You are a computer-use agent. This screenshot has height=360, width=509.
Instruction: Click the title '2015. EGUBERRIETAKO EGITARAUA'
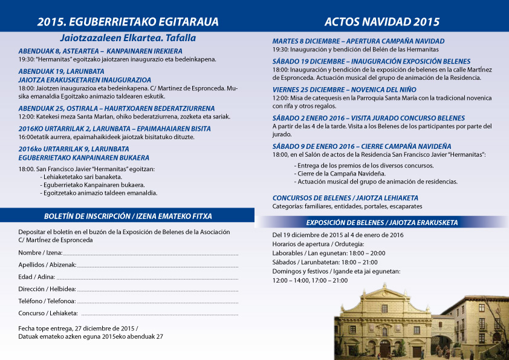[x=128, y=22]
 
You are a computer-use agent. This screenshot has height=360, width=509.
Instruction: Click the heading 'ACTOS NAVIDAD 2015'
[x=382, y=22]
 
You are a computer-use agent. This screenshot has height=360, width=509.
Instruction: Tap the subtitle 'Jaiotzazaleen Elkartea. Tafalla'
[x=128, y=38]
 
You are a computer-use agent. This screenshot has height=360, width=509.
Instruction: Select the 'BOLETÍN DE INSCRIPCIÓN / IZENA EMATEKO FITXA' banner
[x=128, y=216]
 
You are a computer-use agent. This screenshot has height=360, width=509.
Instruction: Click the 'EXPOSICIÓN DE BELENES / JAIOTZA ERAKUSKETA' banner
[x=382, y=222]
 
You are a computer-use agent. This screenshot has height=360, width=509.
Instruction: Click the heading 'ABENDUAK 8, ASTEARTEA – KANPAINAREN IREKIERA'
[x=100, y=51]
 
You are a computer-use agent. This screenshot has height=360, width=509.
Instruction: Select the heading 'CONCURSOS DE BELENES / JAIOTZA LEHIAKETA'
[x=345, y=198]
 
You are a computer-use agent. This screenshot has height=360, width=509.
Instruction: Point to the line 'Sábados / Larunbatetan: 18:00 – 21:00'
[x=325, y=262]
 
